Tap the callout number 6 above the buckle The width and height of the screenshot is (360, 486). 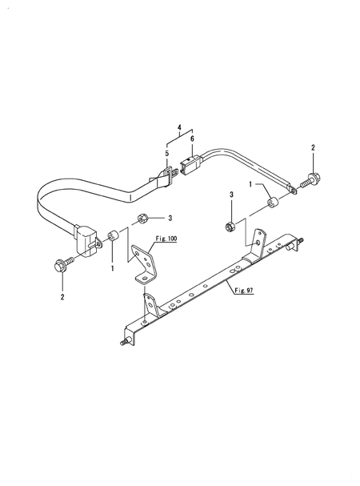coord(192,139)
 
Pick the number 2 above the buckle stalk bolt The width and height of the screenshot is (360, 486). coord(313,148)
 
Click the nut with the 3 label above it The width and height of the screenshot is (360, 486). coord(230,226)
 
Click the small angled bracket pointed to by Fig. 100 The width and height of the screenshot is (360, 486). coord(146,263)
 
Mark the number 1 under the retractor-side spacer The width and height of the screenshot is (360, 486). coord(112,269)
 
